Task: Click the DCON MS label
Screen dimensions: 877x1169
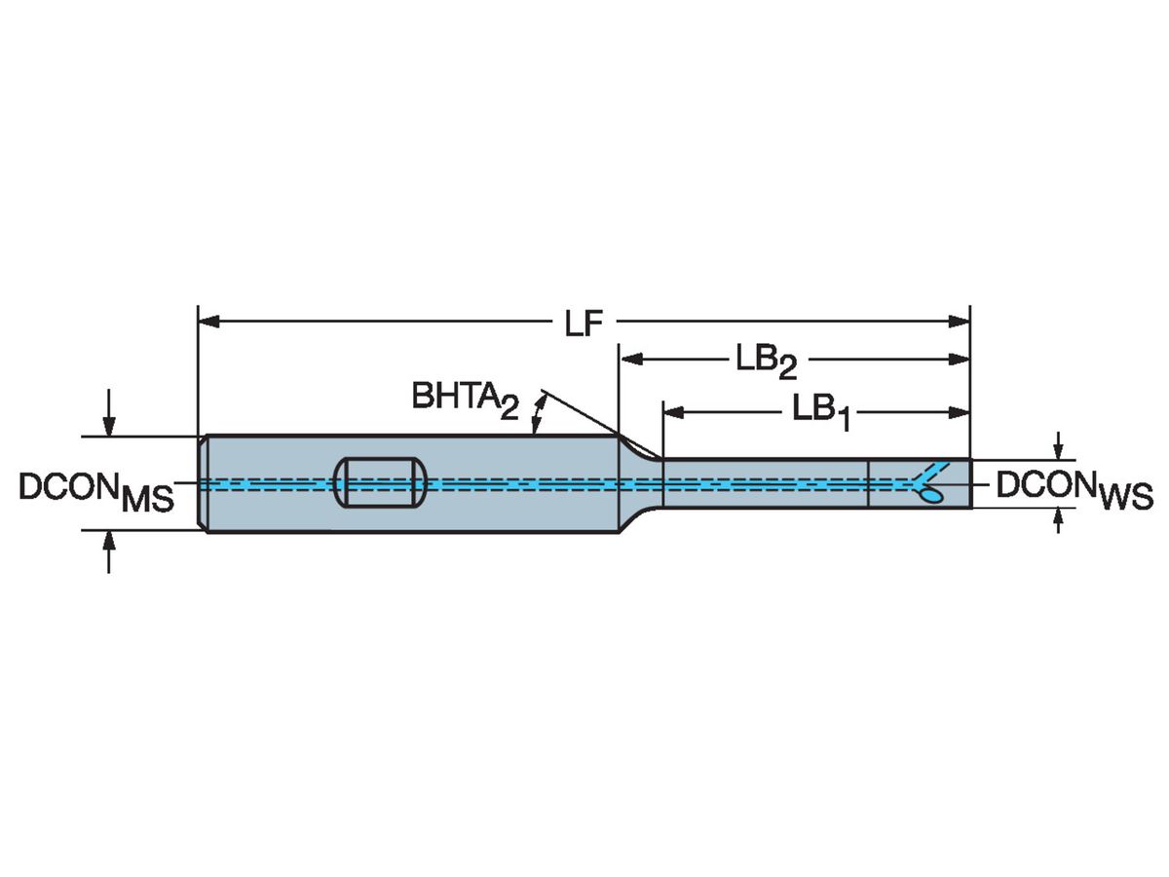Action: pos(95,492)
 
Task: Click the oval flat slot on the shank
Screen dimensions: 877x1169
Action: pos(380,481)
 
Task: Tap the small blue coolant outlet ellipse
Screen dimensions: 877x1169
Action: pos(931,497)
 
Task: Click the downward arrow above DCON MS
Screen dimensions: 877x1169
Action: pos(109,420)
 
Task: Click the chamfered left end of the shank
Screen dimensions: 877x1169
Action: pos(204,483)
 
